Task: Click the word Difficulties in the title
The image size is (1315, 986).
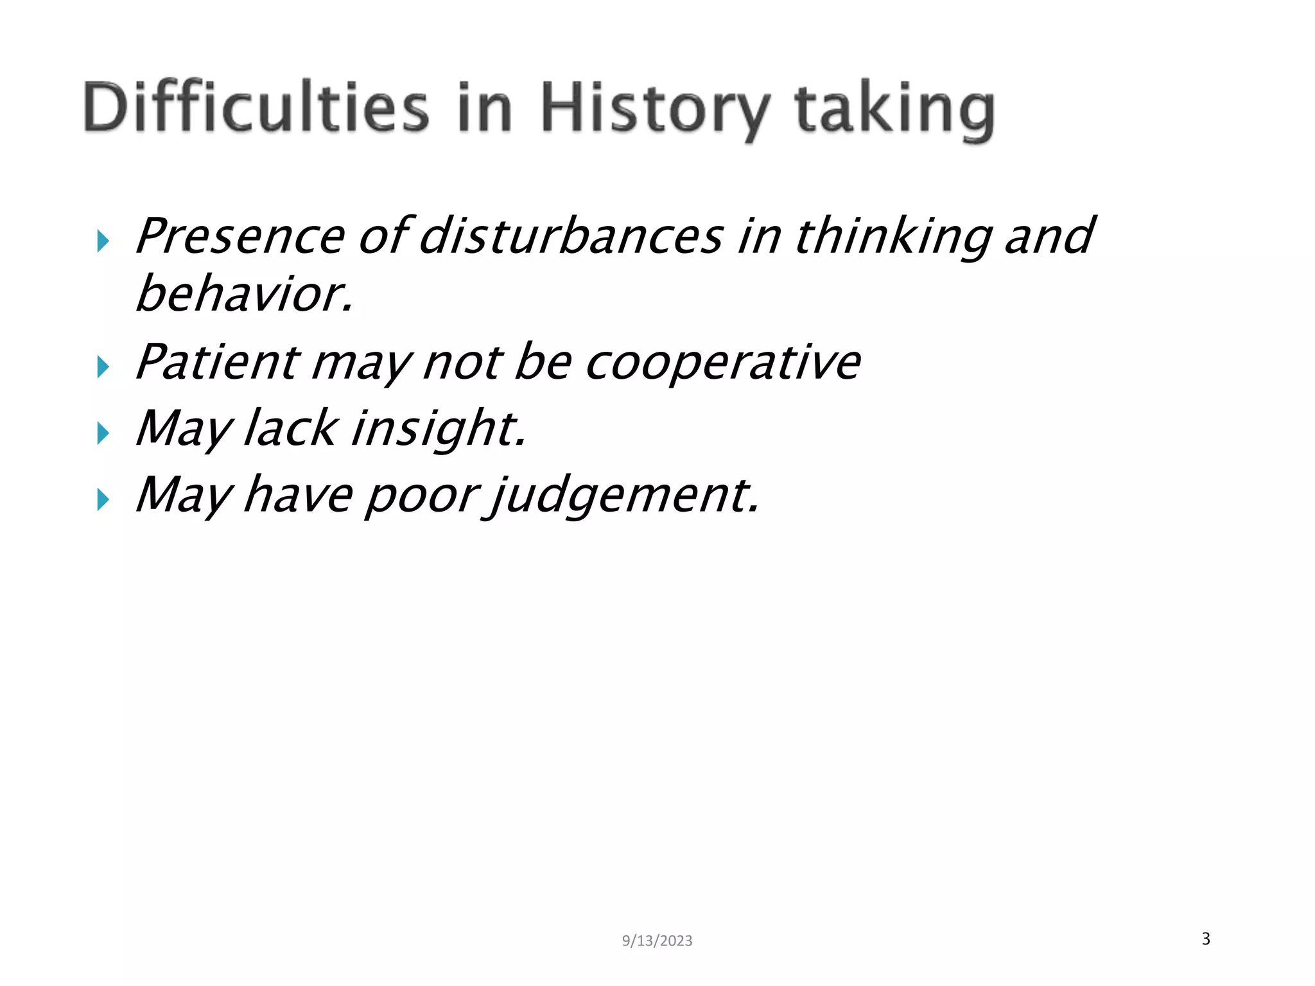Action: click(x=256, y=107)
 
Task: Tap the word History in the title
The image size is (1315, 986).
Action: click(x=655, y=109)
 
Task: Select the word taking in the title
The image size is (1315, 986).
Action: click(x=894, y=109)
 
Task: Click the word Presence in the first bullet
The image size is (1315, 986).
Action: click(x=240, y=236)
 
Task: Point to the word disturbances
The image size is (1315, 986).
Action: click(x=572, y=236)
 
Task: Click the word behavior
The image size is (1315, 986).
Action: click(x=244, y=294)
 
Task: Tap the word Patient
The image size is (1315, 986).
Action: click(x=218, y=362)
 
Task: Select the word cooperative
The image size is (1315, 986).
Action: click(x=723, y=363)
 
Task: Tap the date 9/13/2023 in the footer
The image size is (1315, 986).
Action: click(x=657, y=940)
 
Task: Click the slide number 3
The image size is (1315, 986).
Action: click(x=1206, y=938)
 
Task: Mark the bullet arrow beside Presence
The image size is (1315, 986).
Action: click(x=103, y=241)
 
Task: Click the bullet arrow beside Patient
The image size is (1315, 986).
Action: click(x=103, y=367)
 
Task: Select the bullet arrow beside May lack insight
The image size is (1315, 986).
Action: click(x=103, y=433)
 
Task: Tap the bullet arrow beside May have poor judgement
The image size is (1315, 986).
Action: click(x=103, y=499)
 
